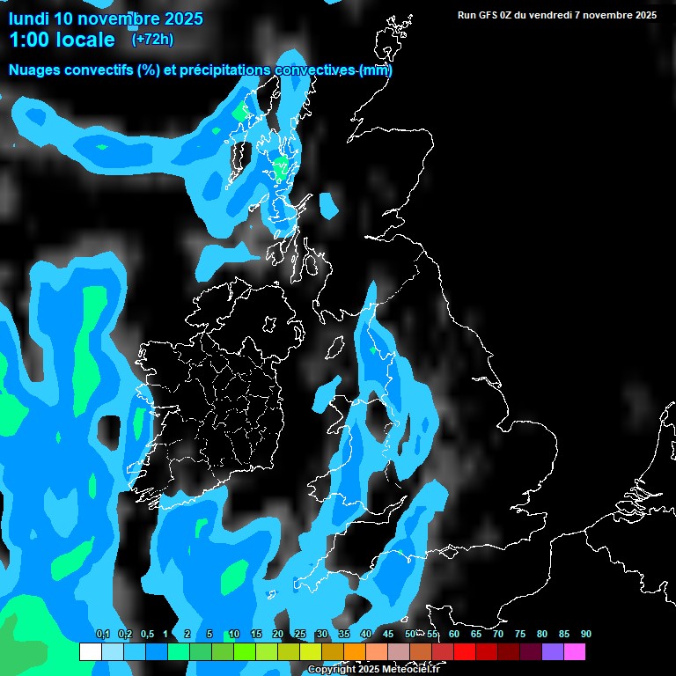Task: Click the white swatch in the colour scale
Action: click(90, 651)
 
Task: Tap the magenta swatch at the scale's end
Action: click(574, 651)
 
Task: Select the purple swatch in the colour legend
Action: click(552, 651)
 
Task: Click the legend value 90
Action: click(586, 634)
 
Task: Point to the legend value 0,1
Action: click(102, 634)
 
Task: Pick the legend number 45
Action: click(388, 634)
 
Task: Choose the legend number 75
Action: click(520, 634)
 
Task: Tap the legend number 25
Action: click(300, 634)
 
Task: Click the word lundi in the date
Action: click(28, 18)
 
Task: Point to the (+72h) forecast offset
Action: click(152, 39)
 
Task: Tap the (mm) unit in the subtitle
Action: click(376, 70)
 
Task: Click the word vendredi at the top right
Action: click(543, 15)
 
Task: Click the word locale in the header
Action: click(85, 40)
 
